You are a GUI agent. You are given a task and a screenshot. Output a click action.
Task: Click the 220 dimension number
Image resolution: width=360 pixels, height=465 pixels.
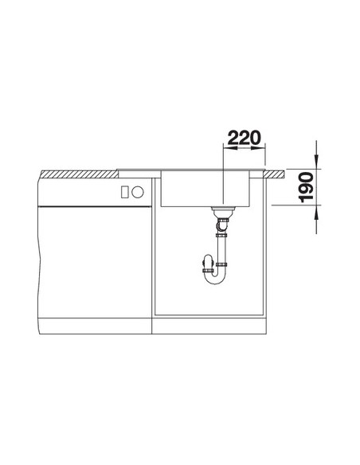(x=245, y=138)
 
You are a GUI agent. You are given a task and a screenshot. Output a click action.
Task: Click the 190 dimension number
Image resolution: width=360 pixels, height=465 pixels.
(x=306, y=187)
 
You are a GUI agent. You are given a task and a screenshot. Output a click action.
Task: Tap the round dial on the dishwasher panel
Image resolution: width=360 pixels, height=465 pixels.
(x=138, y=192)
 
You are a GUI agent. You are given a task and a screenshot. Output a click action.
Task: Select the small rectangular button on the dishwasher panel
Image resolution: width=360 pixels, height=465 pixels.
(x=124, y=192)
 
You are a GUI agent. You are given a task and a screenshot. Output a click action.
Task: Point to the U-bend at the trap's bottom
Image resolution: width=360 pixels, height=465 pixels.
(x=216, y=279)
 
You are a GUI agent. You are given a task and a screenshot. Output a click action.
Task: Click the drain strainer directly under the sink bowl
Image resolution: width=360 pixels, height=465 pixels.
(x=223, y=212)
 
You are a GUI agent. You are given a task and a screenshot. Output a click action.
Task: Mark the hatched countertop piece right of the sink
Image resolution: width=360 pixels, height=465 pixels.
(x=275, y=174)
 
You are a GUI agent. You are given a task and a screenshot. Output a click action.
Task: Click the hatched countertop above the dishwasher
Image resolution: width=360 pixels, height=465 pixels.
(x=80, y=174)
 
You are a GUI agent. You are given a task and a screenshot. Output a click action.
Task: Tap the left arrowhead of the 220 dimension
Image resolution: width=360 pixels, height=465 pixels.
(x=229, y=147)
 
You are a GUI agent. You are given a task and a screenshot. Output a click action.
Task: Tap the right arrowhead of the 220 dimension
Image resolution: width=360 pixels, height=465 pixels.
(x=258, y=147)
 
